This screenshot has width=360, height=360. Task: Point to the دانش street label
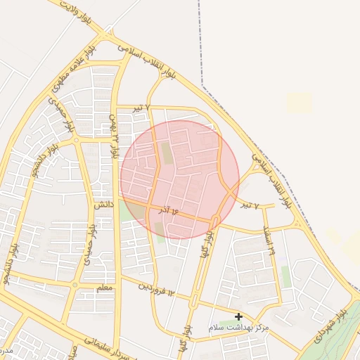point(103,204)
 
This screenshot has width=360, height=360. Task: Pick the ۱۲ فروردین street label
point(155,288)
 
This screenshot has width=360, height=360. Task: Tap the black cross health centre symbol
point(238,316)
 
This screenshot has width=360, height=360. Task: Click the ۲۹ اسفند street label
point(268,239)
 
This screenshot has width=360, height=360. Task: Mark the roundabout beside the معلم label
point(75,285)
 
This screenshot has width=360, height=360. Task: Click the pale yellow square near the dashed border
point(298,103)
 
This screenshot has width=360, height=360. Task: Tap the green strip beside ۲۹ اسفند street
point(286,276)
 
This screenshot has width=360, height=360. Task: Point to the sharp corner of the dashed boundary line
point(202,86)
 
